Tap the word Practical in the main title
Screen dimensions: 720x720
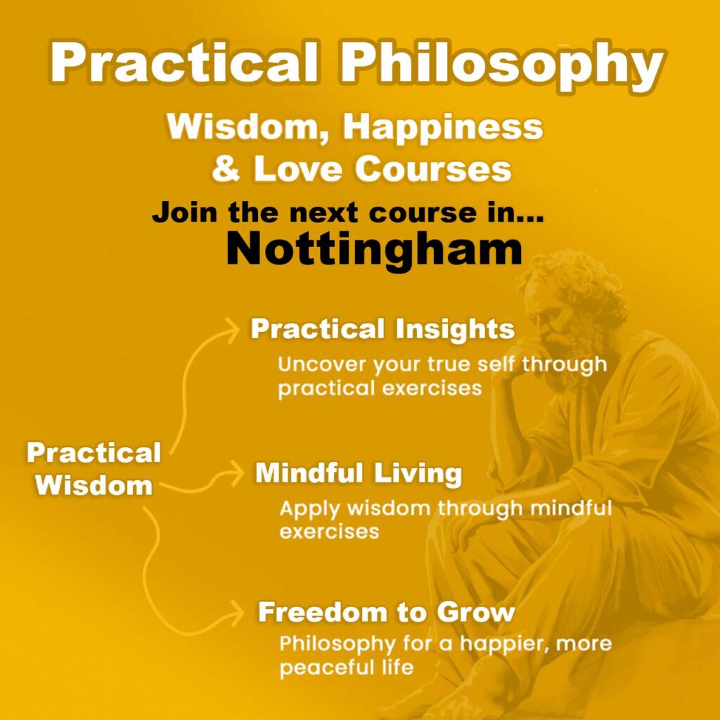184,62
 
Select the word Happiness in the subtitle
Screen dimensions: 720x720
443,128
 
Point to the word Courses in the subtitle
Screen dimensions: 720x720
433,168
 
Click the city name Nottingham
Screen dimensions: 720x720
374,250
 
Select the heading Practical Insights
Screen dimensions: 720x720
382,329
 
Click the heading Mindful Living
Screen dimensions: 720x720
359,473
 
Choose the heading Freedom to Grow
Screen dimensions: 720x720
386,612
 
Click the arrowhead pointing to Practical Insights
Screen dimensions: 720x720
232,329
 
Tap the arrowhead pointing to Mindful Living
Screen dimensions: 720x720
237,473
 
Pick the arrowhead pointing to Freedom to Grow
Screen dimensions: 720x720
237,612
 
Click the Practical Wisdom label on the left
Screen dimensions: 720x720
94,469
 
